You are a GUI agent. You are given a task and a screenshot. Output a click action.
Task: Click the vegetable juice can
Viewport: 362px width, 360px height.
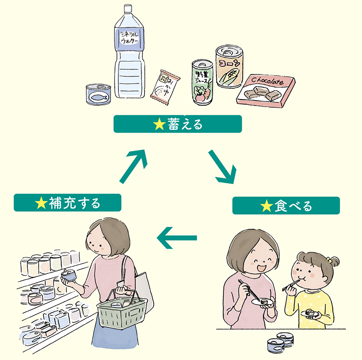(202, 82)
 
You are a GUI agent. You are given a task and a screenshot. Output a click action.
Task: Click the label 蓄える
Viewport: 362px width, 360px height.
(178, 124)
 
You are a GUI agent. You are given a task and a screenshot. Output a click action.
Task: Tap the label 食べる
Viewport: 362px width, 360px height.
(286, 206)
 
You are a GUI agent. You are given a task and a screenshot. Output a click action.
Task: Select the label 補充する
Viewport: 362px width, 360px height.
(67, 203)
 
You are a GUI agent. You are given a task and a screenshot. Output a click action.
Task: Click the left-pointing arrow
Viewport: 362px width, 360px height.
(176, 237)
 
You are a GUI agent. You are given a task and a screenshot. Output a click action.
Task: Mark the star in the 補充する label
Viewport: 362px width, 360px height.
(41, 203)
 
